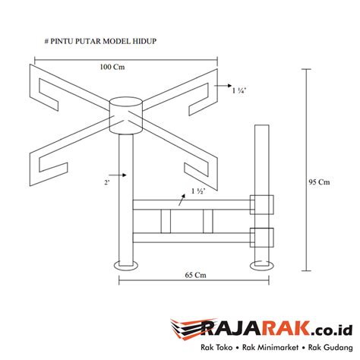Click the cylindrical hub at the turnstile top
tap(126, 115)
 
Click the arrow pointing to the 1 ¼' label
tap(225, 88)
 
